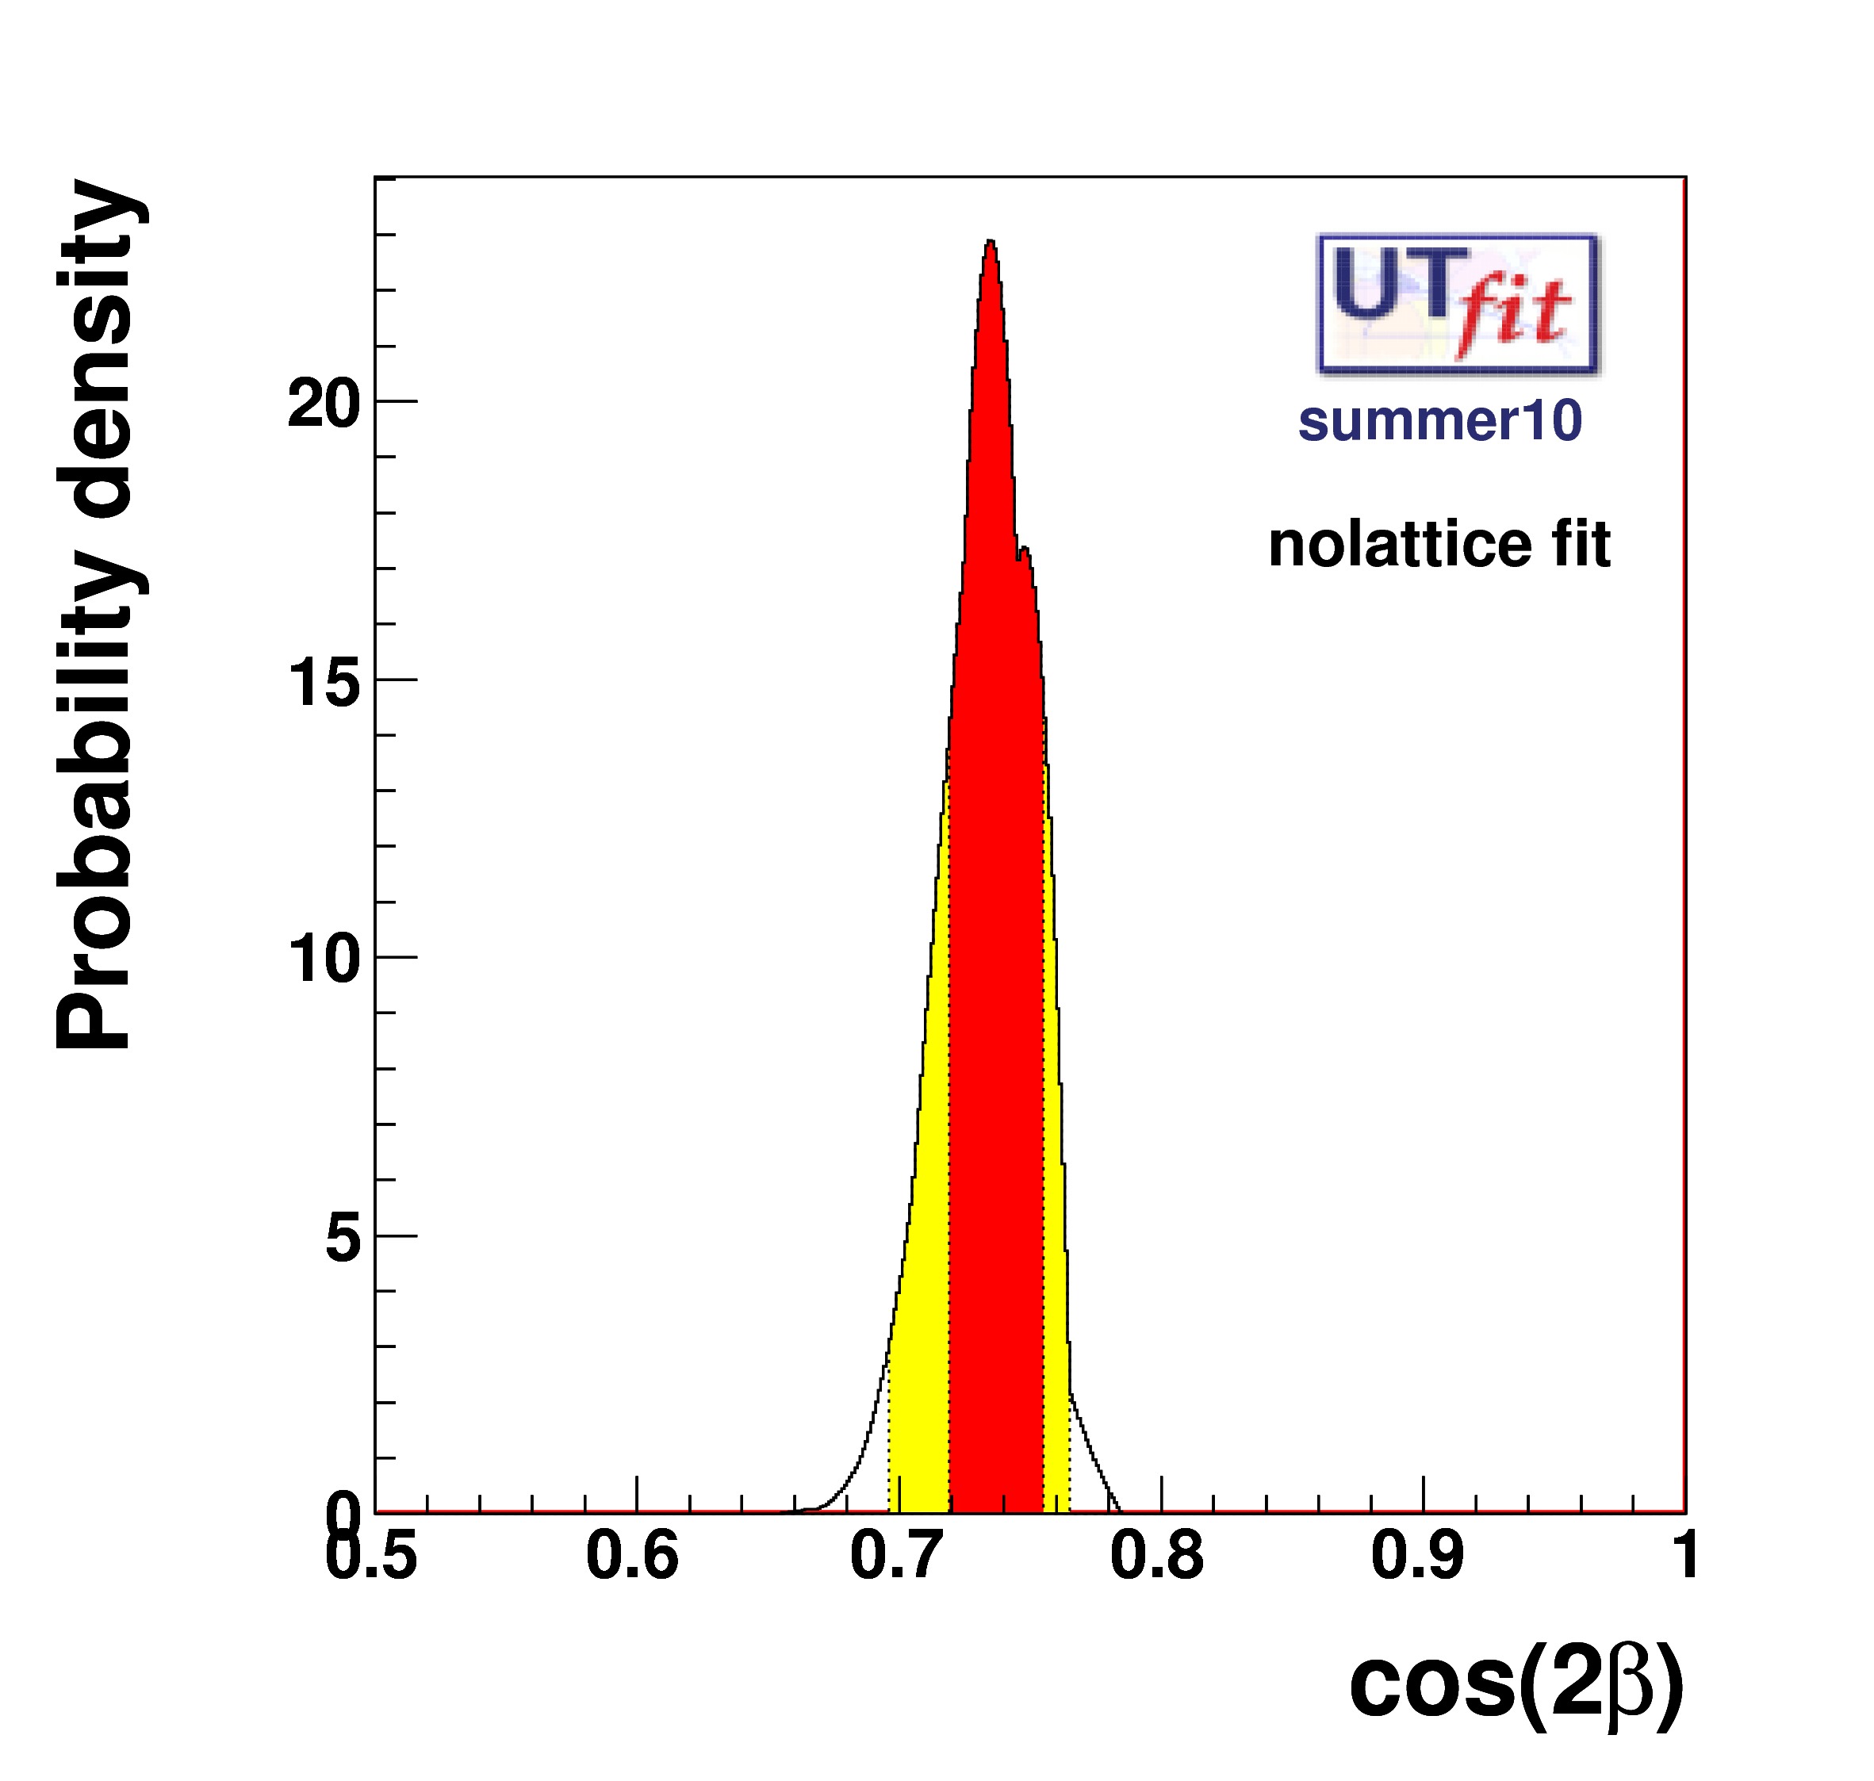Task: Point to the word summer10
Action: [1440, 420]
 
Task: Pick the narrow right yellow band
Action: [1056, 1234]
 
